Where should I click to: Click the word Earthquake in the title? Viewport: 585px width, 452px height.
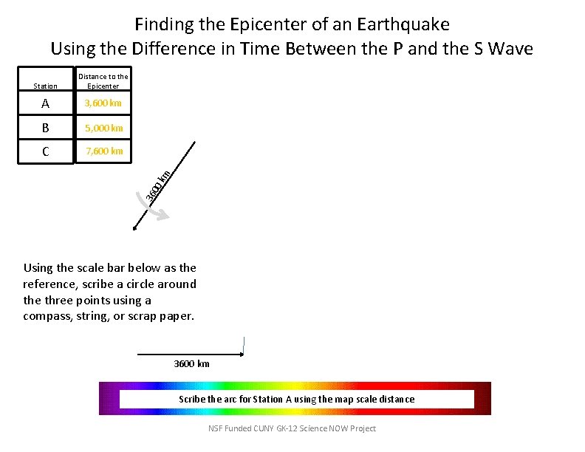click(x=403, y=24)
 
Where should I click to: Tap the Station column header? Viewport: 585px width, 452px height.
click(x=46, y=86)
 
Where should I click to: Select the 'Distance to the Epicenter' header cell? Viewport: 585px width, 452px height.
click(x=103, y=81)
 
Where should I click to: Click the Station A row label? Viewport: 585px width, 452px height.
click(x=46, y=104)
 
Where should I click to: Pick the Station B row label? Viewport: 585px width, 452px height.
click(x=46, y=128)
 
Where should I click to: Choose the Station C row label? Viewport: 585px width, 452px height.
click(x=46, y=152)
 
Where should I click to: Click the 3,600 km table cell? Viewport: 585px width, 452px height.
click(x=103, y=103)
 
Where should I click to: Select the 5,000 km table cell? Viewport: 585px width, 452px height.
click(x=103, y=128)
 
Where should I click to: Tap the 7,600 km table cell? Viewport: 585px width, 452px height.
click(x=103, y=151)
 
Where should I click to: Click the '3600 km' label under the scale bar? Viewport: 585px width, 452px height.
click(x=191, y=363)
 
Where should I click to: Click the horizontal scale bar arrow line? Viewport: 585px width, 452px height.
click(x=191, y=354)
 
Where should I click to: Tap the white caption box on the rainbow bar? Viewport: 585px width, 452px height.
click(x=296, y=400)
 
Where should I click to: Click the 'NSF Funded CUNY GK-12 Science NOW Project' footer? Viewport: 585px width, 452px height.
click(x=292, y=428)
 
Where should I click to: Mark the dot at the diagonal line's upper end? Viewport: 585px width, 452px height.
click(x=194, y=142)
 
